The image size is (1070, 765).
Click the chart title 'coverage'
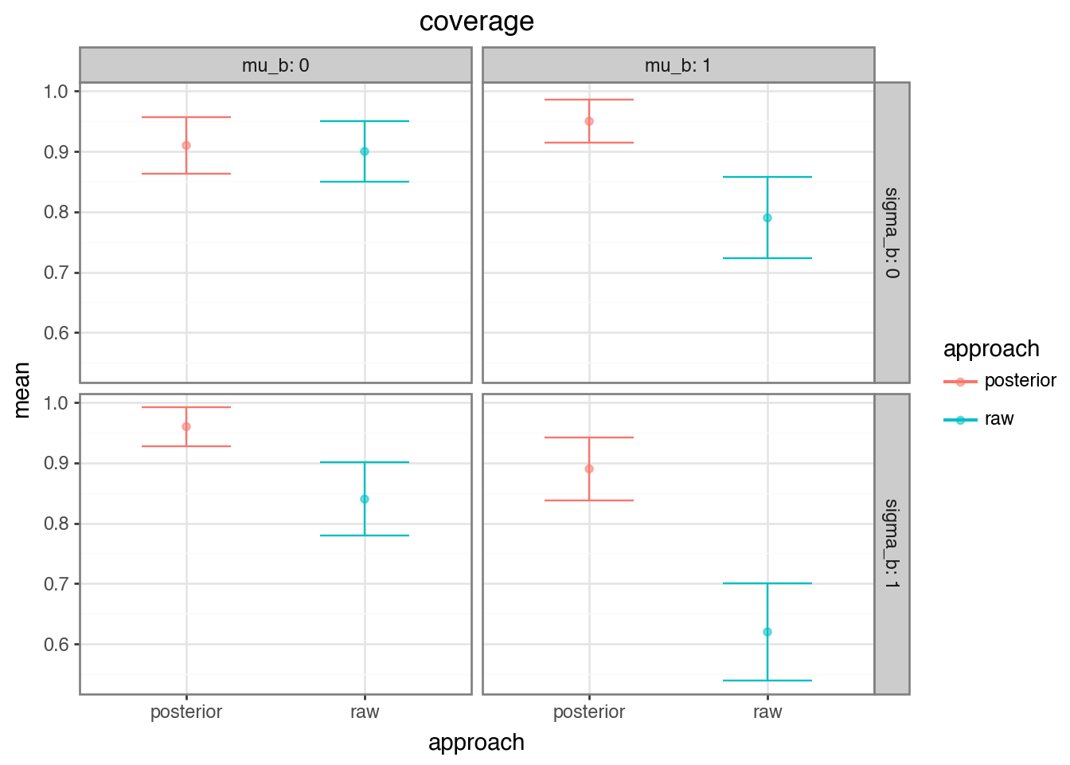pyautogui.click(x=476, y=22)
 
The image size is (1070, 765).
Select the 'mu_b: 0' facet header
pyautogui.click(x=275, y=65)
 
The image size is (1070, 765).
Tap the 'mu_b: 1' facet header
pyautogui.click(x=678, y=65)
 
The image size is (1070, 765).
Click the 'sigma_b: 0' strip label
pyautogui.click(x=892, y=233)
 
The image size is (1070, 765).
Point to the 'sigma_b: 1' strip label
pyautogui.click(x=892, y=543)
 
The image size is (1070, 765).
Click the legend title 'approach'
pyautogui.click(x=991, y=349)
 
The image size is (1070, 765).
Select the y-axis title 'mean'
pyautogui.click(x=22, y=389)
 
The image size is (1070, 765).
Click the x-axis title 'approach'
pyautogui.click(x=476, y=743)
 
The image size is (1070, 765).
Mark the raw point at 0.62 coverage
pyautogui.click(x=767, y=632)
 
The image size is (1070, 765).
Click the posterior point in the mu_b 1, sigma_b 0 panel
pyautogui.click(x=589, y=121)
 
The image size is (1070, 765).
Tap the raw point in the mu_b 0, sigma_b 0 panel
pyautogui.click(x=365, y=151)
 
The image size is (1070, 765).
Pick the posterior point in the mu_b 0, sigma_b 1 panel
pyautogui.click(x=186, y=426)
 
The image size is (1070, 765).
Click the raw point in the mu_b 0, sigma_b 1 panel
pyautogui.click(x=365, y=499)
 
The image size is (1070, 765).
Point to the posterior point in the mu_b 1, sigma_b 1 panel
pyautogui.click(x=589, y=469)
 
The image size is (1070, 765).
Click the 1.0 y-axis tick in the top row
pyautogui.click(x=57, y=92)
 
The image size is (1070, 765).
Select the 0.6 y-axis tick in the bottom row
pyautogui.click(x=57, y=644)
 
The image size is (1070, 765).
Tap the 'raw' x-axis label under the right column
pyautogui.click(x=767, y=712)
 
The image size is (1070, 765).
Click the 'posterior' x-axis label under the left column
pyautogui.click(x=186, y=712)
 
